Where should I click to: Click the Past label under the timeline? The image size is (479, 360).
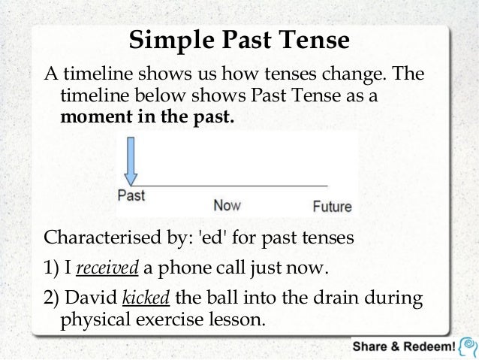tap(131, 195)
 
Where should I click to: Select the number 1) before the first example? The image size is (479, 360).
tap(53, 269)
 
